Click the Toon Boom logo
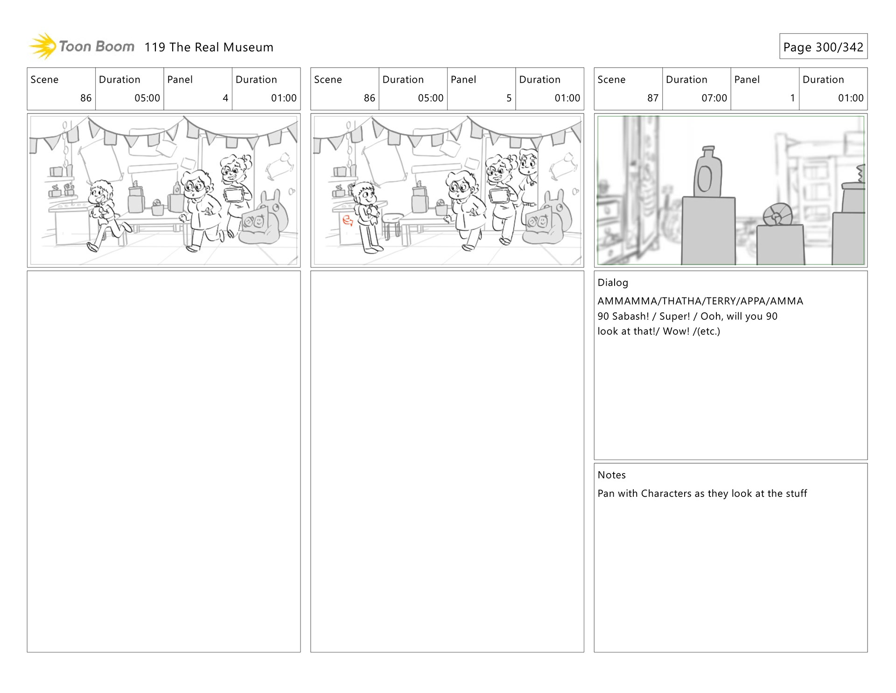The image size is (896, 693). pyautogui.click(x=82, y=46)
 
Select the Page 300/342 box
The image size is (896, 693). pyautogui.click(x=823, y=46)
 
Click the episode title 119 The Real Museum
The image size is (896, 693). pyautogui.click(x=209, y=47)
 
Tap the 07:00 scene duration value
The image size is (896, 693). pyautogui.click(x=714, y=98)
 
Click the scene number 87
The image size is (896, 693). pyautogui.click(x=652, y=98)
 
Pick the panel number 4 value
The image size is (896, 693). pyautogui.click(x=225, y=98)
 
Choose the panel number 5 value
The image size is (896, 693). pyautogui.click(x=509, y=98)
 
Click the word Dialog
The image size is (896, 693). pyautogui.click(x=613, y=283)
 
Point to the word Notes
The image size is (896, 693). pyautogui.click(x=612, y=475)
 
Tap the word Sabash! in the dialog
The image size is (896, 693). pyautogui.click(x=630, y=316)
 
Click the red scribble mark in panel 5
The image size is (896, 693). pyautogui.click(x=348, y=220)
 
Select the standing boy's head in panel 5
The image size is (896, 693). pyautogui.click(x=364, y=193)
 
